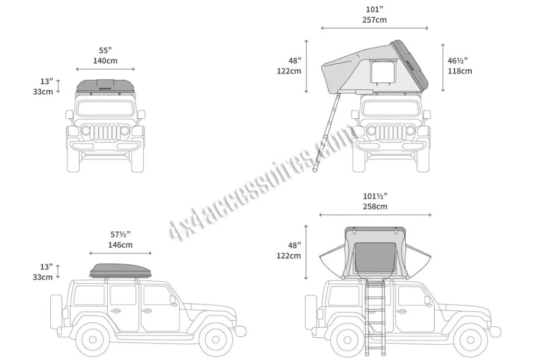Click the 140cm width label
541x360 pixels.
coord(105,61)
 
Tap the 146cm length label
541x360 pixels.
coord(120,245)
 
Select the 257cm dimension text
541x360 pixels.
coord(375,20)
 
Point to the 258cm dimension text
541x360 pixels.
coord(375,206)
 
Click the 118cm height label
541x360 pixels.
coord(460,71)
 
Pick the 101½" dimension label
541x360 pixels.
coord(375,196)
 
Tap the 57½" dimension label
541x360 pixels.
coord(120,234)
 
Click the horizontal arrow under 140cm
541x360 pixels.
coord(105,69)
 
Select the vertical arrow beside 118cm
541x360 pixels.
coord(443,68)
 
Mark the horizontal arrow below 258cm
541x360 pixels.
coord(375,215)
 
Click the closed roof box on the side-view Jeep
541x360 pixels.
coord(120,270)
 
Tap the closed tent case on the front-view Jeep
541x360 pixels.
coord(105,86)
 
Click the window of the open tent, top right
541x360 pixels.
coord(383,72)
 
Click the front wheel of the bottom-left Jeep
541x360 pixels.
coord(216,339)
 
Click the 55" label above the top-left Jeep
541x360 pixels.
coord(105,50)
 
